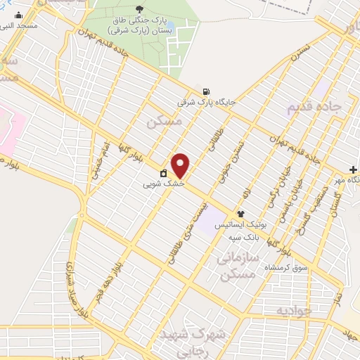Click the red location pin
coord(181,165)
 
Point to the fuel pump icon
coord(205,91)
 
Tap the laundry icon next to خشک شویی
coord(163,173)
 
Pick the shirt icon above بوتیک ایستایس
coord(241,214)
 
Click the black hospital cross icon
coord(354,169)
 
